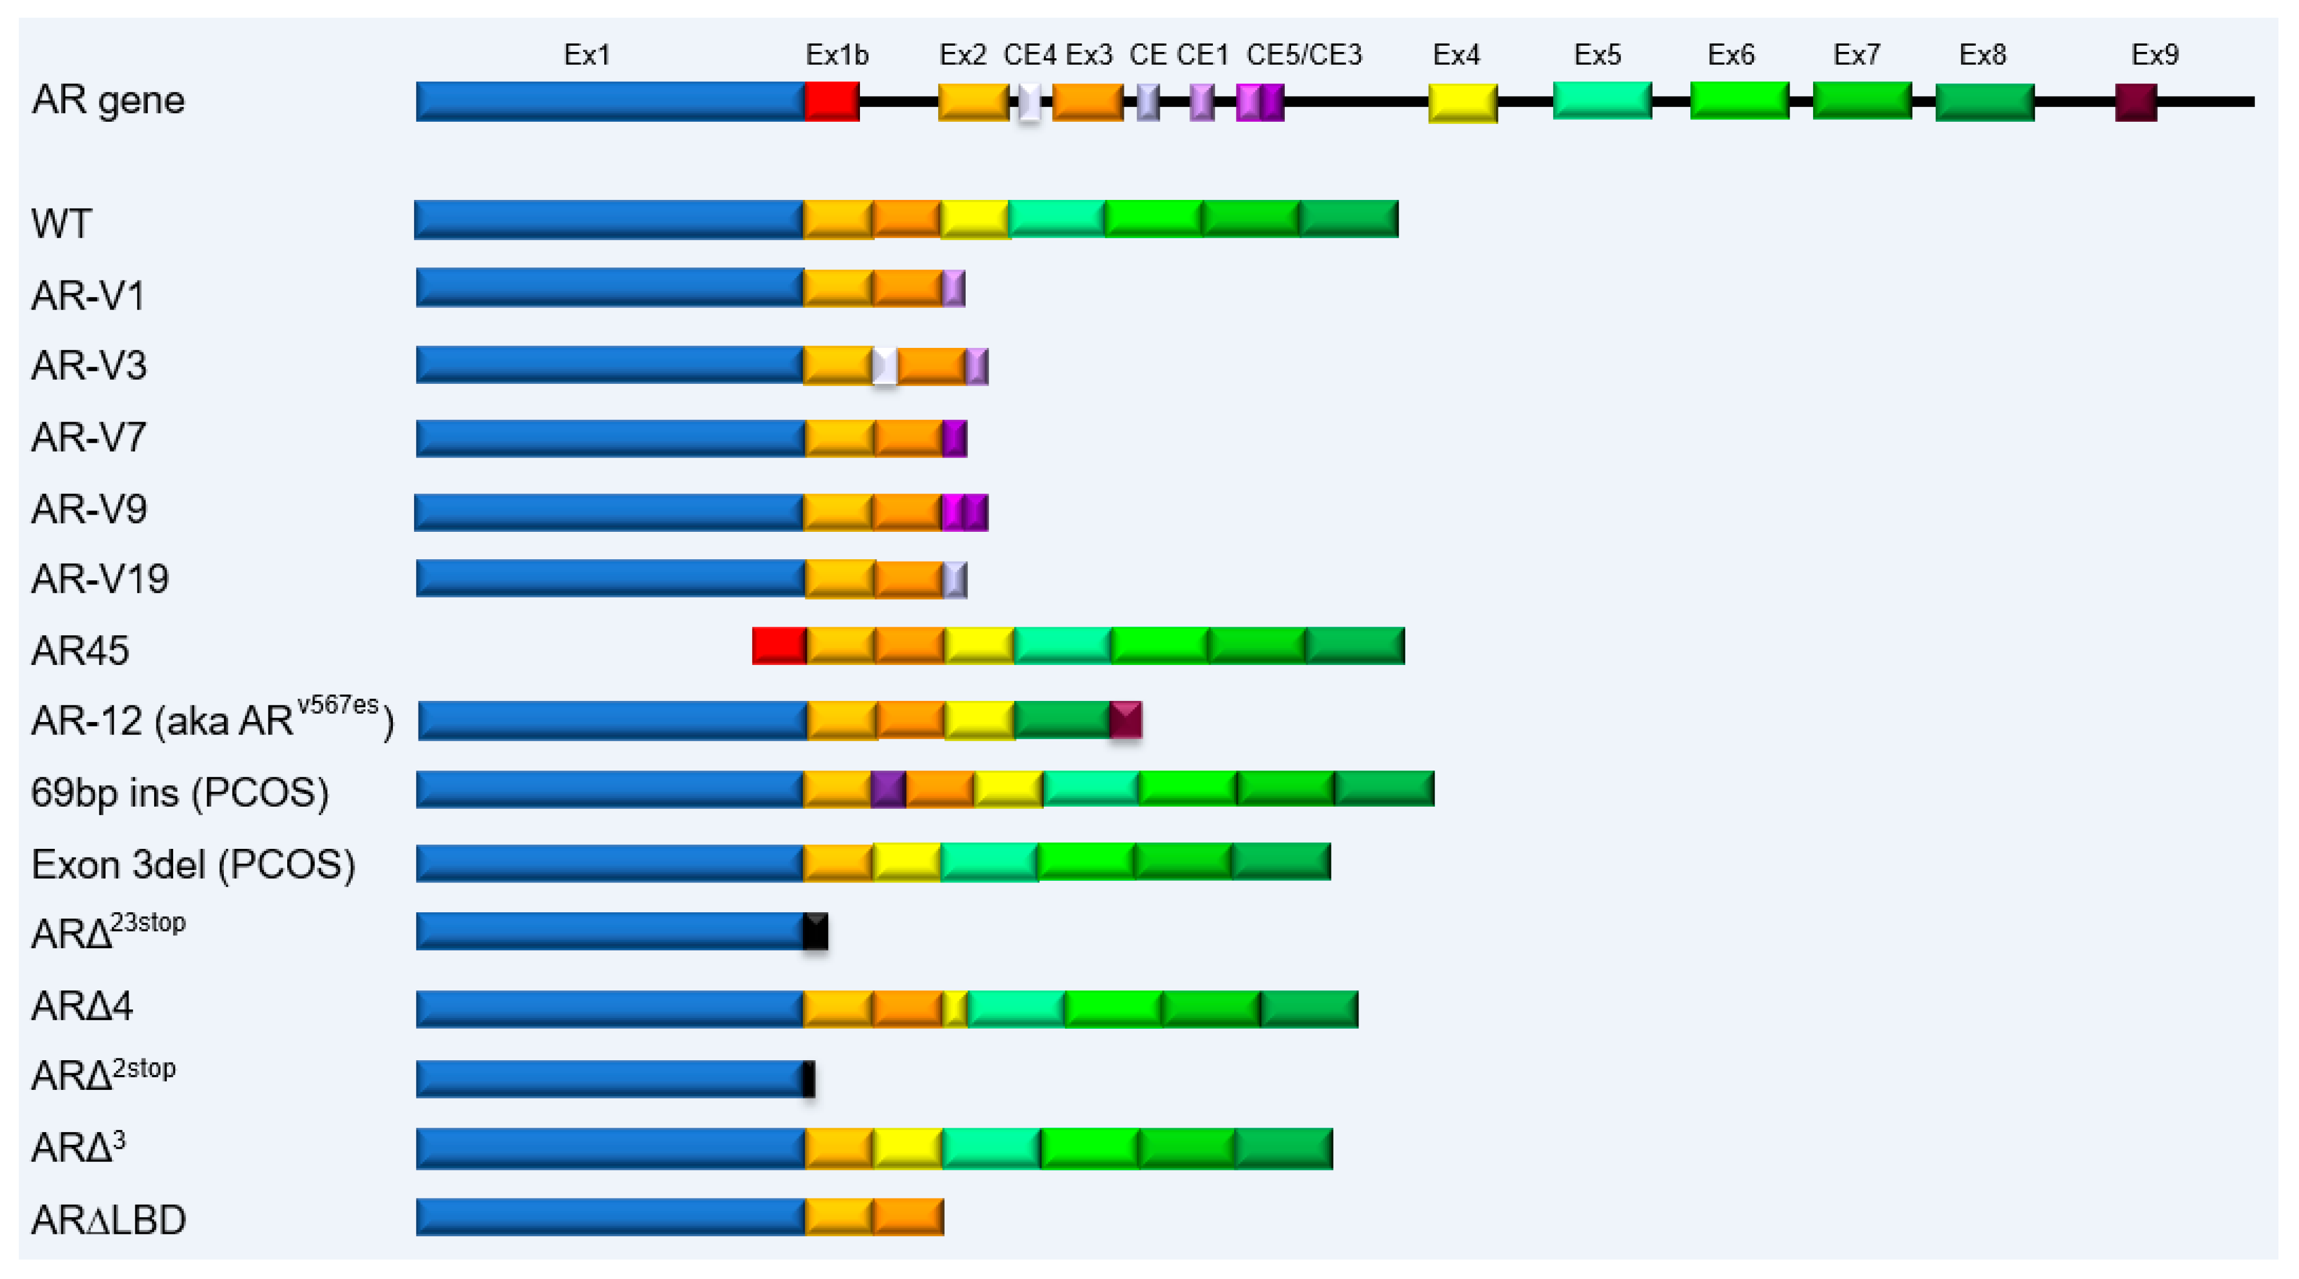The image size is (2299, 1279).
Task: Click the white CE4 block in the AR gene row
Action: pos(1029,102)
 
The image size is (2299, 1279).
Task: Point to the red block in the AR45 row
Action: pos(778,646)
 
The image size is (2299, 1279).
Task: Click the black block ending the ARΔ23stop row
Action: pos(815,932)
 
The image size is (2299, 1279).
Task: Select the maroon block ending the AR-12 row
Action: pos(1126,719)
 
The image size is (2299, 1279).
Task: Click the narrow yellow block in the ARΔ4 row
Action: pos(955,1009)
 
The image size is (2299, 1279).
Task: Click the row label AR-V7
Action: pos(89,438)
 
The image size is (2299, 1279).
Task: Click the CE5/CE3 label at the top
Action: pos(1304,55)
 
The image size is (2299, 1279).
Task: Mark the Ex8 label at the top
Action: pos(1982,55)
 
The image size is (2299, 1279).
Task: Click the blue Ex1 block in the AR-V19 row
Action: pos(609,578)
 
